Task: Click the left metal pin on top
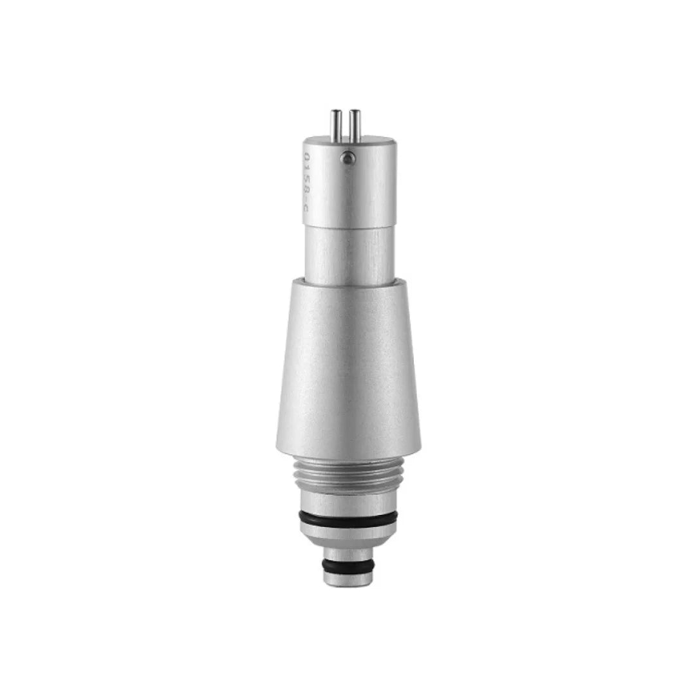pos(336,123)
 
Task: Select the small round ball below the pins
pos(347,156)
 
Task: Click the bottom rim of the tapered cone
pos(348,452)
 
